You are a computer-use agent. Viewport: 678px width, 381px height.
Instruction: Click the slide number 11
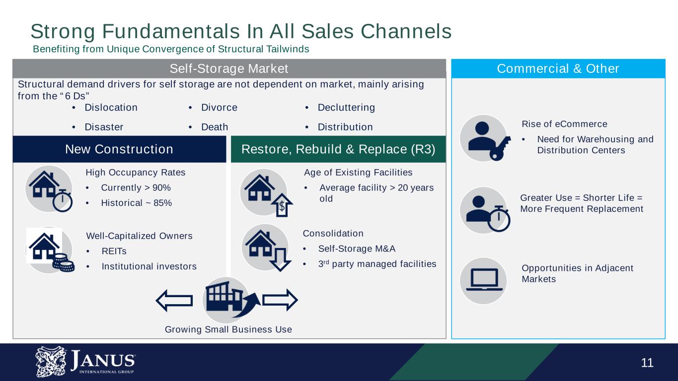tap(647, 363)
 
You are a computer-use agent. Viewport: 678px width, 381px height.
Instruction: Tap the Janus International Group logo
tap(85, 362)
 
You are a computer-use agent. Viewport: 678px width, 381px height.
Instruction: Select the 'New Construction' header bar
tap(119, 149)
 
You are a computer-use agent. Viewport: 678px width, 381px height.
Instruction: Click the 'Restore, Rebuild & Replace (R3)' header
tap(338, 149)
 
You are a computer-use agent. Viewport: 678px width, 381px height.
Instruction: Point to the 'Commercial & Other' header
tap(558, 68)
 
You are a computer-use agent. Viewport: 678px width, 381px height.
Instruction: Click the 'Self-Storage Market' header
tap(229, 68)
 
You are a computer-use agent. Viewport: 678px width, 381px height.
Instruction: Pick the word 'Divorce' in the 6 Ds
tap(219, 107)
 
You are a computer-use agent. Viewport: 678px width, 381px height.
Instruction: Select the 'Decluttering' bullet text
tap(346, 108)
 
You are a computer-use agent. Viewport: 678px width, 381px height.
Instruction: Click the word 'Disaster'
tap(104, 127)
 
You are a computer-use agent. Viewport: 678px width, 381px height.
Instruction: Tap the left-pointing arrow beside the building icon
tap(174, 300)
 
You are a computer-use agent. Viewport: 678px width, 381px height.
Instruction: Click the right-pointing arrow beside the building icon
tap(280, 300)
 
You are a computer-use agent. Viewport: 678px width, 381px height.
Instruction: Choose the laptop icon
tap(484, 279)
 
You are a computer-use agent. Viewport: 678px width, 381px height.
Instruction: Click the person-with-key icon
tap(488, 140)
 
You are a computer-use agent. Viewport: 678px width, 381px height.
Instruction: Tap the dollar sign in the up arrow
tap(282, 206)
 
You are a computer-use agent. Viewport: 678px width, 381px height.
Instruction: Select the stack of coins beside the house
tap(63, 262)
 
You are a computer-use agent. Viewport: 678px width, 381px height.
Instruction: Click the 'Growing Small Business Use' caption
tap(228, 329)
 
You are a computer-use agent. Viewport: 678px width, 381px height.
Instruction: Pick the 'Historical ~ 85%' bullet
tap(136, 202)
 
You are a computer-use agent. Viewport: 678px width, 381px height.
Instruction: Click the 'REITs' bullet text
tap(114, 251)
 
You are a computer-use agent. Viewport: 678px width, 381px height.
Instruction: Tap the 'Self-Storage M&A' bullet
tap(357, 249)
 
